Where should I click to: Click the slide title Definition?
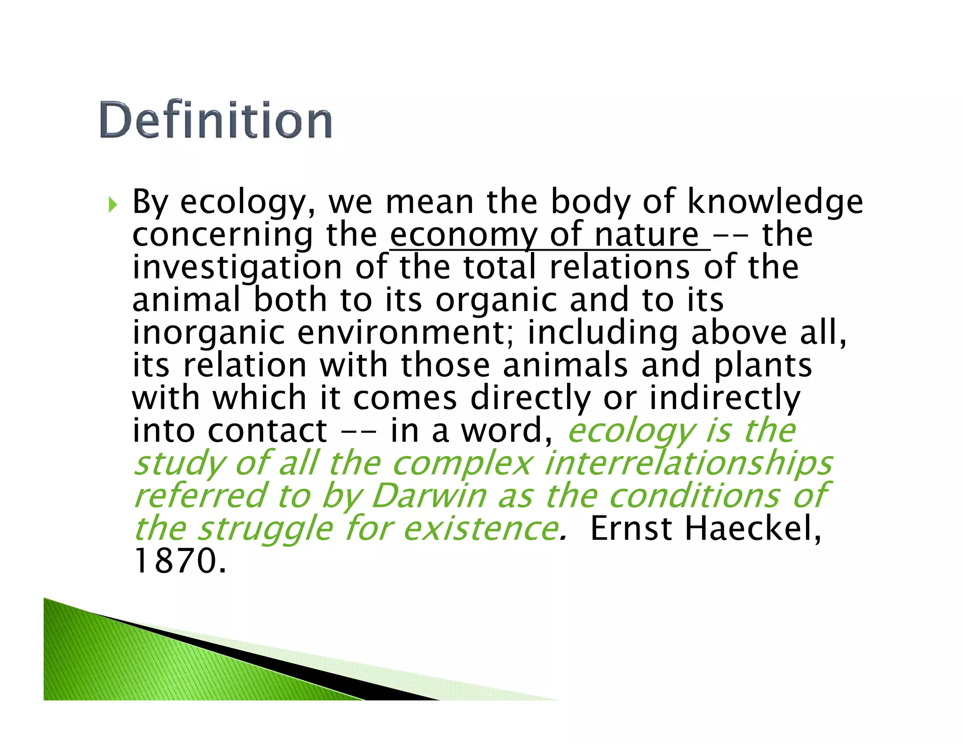(x=216, y=120)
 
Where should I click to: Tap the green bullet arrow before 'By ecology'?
(x=112, y=205)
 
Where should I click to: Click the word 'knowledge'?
(x=775, y=202)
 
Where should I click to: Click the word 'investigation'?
(x=237, y=268)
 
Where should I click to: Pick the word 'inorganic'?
(x=209, y=333)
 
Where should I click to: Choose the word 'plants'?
(x=763, y=366)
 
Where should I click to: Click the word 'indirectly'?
(x=724, y=398)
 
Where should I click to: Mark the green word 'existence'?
(x=481, y=529)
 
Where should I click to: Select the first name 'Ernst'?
(x=631, y=529)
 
